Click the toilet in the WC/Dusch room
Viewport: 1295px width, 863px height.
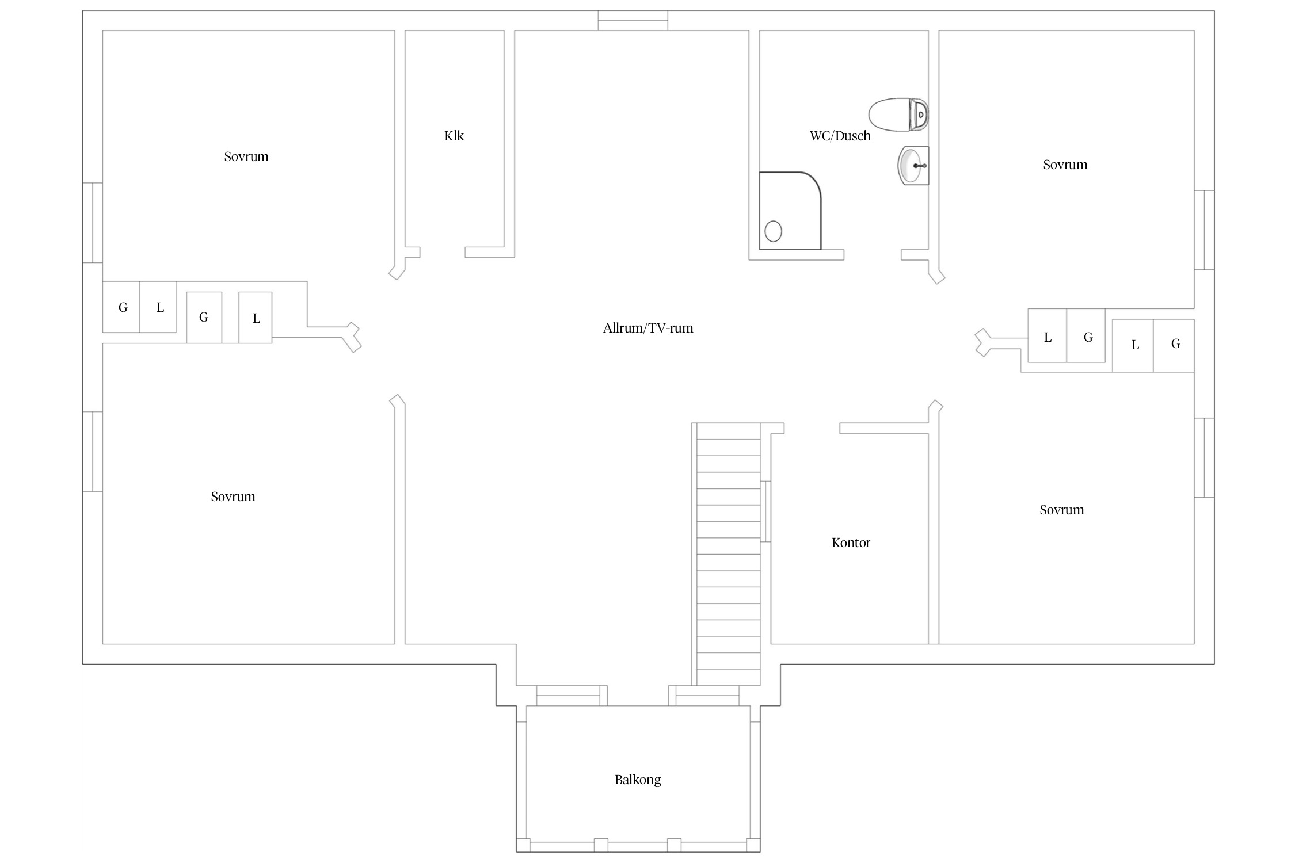pyautogui.click(x=898, y=114)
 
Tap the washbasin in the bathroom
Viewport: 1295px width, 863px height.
pyautogui.click(x=913, y=166)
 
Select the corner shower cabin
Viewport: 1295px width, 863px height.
pyautogui.click(x=790, y=211)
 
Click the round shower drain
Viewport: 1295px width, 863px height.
pyautogui.click(x=774, y=231)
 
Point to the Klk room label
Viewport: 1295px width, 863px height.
pyautogui.click(x=454, y=136)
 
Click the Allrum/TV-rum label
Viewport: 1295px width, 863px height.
pyautogui.click(x=648, y=329)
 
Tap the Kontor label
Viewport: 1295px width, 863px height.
pyautogui.click(x=851, y=543)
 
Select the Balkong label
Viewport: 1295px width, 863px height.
pyautogui.click(x=638, y=780)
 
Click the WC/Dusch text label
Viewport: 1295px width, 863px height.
pyautogui.click(x=840, y=136)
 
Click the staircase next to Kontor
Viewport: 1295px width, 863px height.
pyautogui.click(x=729, y=554)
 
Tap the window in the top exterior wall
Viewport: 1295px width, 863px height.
pyautogui.click(x=633, y=20)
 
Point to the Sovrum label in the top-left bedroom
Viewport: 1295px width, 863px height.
pyautogui.click(x=246, y=157)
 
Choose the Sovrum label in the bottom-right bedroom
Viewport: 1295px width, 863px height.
pyautogui.click(x=1062, y=510)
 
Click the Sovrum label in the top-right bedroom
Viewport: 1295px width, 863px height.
pyautogui.click(x=1065, y=165)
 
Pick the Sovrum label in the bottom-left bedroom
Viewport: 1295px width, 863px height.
pyautogui.click(x=233, y=497)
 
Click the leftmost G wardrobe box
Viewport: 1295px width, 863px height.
pyautogui.click(x=121, y=307)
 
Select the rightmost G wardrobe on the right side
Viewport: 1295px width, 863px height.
pyautogui.click(x=1174, y=345)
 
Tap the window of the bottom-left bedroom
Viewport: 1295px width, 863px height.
pyautogui.click(x=93, y=452)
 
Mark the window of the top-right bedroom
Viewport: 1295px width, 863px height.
pyautogui.click(x=1204, y=230)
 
